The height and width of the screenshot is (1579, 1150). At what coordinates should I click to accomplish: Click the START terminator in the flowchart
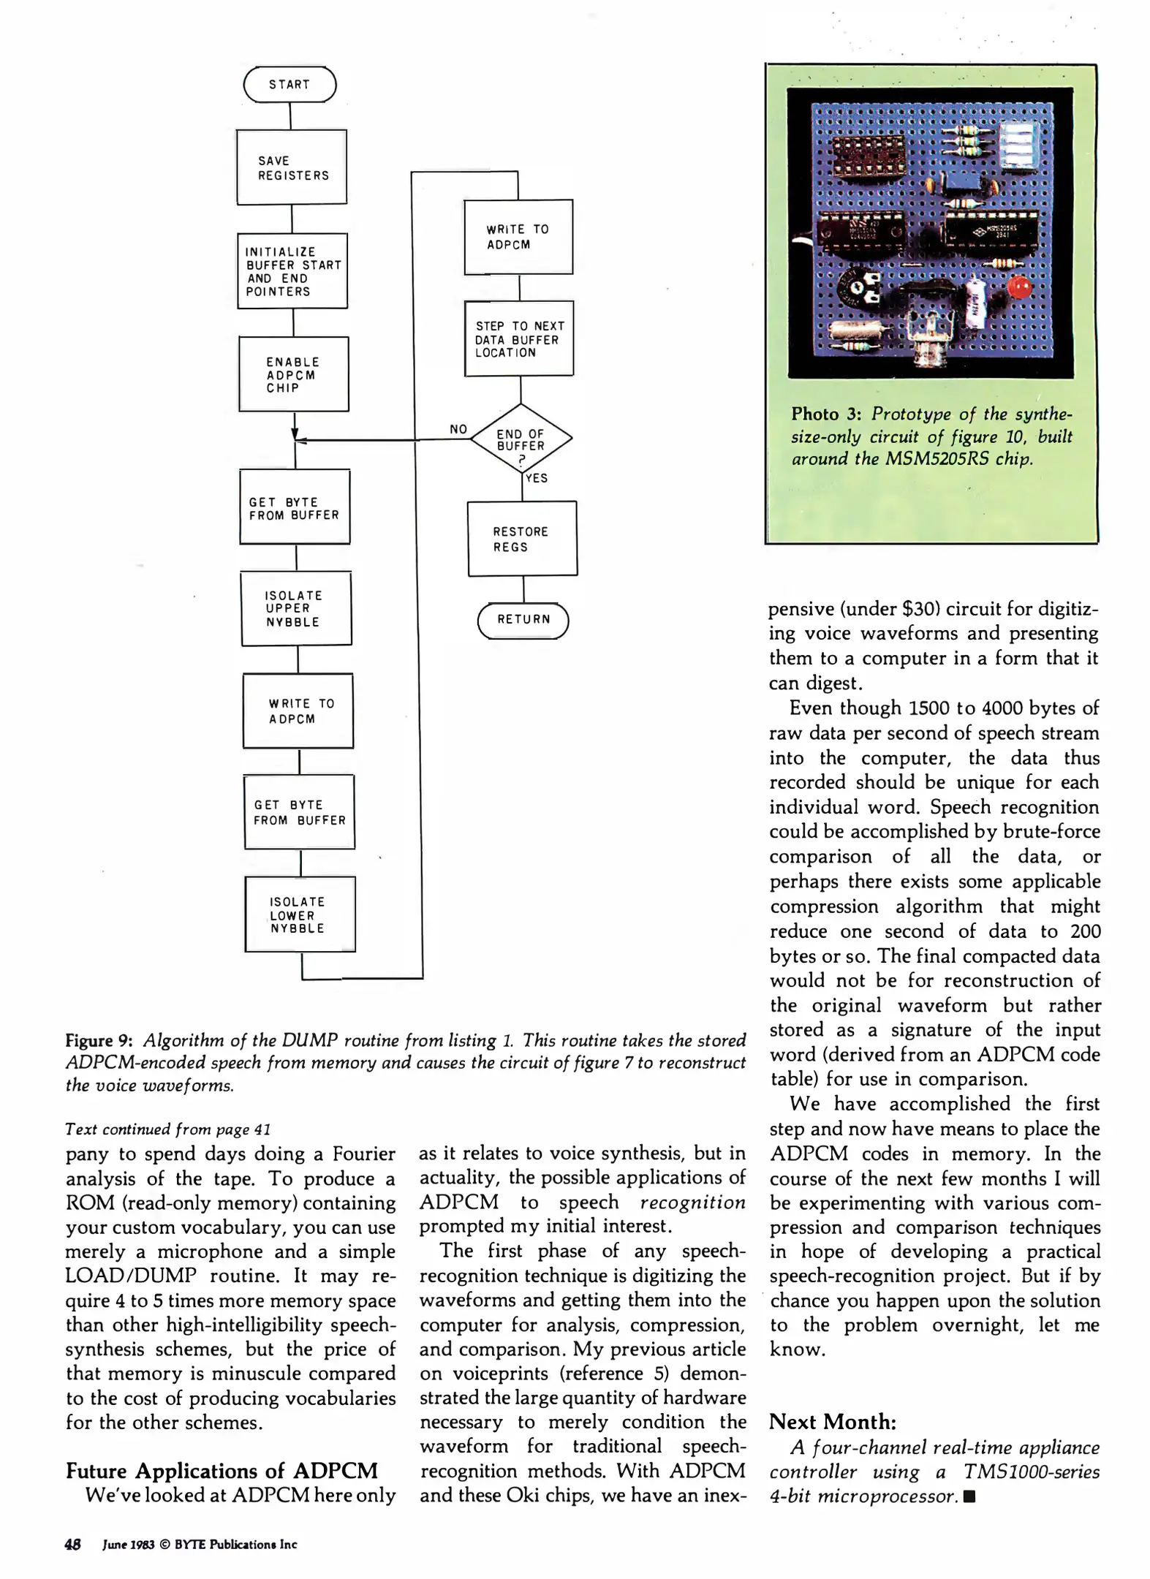tap(290, 85)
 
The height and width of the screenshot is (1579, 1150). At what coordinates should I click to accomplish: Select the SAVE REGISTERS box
tap(292, 167)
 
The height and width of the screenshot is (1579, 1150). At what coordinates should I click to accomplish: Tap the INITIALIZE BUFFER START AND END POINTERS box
tap(292, 271)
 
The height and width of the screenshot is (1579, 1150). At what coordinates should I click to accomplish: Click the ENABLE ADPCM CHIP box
tap(293, 374)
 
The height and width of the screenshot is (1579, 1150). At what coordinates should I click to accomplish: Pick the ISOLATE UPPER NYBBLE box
tap(296, 609)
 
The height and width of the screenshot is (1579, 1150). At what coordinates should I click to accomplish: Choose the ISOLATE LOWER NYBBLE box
tap(300, 915)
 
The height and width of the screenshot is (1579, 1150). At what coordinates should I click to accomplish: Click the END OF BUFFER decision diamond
tap(521, 439)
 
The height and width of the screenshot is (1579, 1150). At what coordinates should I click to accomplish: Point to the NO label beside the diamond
tap(458, 429)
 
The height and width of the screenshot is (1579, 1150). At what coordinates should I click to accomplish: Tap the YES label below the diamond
tap(537, 478)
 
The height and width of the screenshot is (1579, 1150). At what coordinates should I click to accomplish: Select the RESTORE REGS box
tap(522, 539)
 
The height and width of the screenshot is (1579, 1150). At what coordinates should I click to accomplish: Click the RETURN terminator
tap(523, 620)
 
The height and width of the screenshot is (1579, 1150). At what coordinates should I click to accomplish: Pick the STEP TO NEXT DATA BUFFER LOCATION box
tap(519, 339)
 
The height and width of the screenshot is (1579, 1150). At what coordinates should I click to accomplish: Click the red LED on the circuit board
tap(1020, 287)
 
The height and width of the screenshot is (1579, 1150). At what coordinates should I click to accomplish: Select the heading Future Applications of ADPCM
tap(222, 1471)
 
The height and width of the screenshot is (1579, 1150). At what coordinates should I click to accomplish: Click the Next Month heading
tap(832, 1422)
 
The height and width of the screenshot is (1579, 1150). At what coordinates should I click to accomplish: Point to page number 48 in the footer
tap(72, 1545)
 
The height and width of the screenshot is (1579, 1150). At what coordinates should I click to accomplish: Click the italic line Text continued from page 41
tap(168, 1129)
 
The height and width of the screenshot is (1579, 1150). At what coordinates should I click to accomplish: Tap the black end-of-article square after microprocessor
tap(970, 1496)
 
